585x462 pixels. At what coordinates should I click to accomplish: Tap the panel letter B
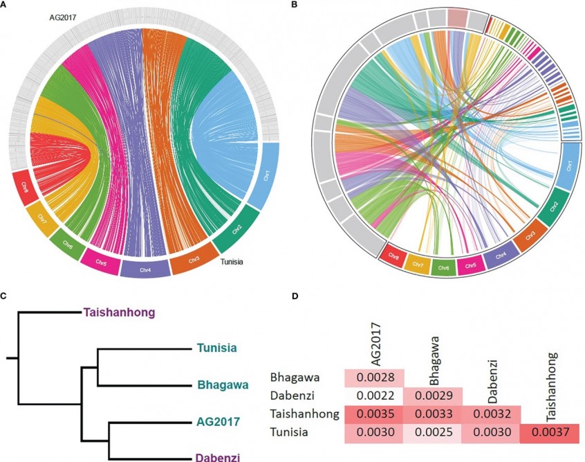pos(296,5)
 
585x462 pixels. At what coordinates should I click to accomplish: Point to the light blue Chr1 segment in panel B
pos(569,167)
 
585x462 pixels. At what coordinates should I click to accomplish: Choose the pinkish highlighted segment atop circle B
pos(457,17)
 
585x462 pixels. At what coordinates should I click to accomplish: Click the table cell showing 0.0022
pos(374,396)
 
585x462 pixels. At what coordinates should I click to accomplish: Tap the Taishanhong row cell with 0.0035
pos(374,413)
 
